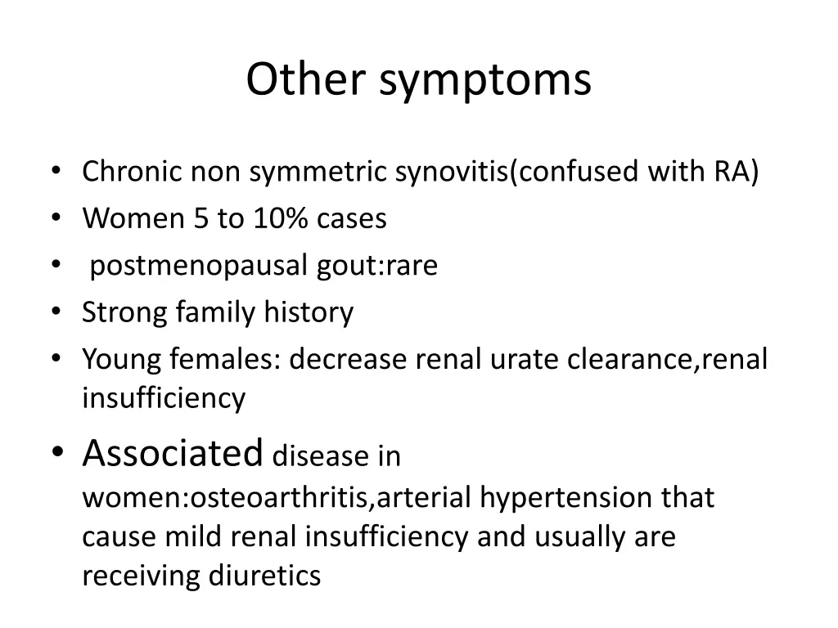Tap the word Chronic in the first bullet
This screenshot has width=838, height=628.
coord(133,173)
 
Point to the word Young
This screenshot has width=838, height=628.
coord(119,360)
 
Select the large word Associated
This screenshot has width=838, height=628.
coord(173,452)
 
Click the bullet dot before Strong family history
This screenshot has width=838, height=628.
coord(56,313)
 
